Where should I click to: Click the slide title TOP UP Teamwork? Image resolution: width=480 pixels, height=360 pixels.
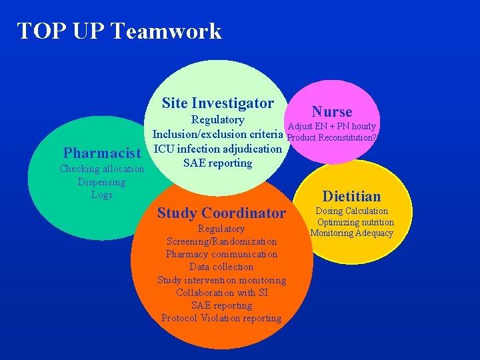click(x=119, y=31)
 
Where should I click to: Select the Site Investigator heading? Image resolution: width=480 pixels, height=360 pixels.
click(x=217, y=103)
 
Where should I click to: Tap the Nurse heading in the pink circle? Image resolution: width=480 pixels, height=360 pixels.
click(x=332, y=111)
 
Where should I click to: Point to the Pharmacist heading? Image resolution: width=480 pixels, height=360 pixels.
click(x=101, y=153)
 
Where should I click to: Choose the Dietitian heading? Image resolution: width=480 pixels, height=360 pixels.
click(x=351, y=196)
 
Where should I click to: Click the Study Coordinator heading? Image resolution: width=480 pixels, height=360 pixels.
click(x=221, y=213)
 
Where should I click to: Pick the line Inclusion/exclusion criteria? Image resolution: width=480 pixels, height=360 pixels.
click(x=219, y=134)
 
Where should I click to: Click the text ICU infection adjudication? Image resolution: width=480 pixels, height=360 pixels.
click(x=218, y=148)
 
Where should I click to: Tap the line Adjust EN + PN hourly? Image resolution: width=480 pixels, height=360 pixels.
click(x=331, y=126)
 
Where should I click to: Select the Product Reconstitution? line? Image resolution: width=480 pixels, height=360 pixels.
click(x=331, y=137)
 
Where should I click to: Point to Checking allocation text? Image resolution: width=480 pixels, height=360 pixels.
click(x=101, y=169)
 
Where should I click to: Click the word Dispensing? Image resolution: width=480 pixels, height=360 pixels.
click(x=101, y=181)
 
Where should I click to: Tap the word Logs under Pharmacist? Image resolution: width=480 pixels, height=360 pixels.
click(x=101, y=195)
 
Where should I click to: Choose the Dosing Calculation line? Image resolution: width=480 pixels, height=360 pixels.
click(x=352, y=211)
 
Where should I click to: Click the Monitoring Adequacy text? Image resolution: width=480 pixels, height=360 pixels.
click(x=352, y=233)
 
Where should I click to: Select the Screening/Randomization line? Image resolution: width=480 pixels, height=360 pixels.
click(x=221, y=241)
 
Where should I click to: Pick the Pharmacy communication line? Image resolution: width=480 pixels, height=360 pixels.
click(x=221, y=254)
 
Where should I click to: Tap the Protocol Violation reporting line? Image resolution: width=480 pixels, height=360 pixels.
click(x=221, y=318)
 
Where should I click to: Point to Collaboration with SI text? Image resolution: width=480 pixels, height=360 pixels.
click(x=221, y=293)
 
